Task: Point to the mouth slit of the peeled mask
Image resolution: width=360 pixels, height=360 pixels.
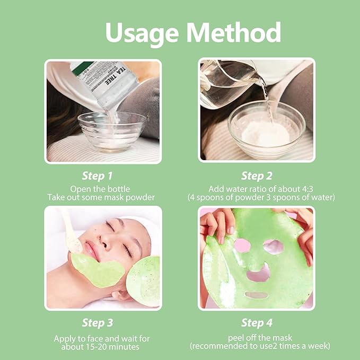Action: click(x=256, y=294)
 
